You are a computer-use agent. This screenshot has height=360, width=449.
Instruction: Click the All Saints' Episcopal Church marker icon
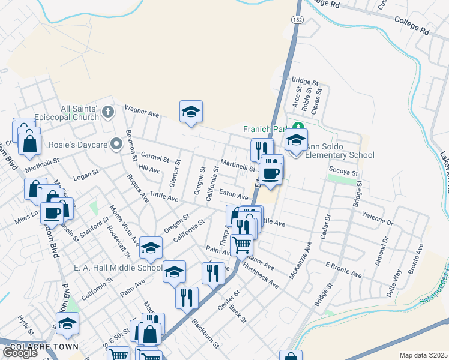click(108, 111)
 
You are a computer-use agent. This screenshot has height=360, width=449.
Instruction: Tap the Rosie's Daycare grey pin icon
click(116, 144)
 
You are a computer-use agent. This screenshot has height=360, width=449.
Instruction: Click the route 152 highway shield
click(297, 20)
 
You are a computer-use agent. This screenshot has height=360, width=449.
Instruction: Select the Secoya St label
click(343, 171)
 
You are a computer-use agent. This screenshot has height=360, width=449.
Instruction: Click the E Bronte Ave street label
click(343, 269)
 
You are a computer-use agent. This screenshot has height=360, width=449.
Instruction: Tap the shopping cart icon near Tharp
click(241, 244)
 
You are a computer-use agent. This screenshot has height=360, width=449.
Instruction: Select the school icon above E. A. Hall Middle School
click(151, 247)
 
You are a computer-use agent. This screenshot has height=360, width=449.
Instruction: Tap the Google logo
click(20, 353)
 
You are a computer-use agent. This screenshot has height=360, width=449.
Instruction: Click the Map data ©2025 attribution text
click(423, 355)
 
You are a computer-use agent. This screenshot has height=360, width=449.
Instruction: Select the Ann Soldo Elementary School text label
click(339, 151)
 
